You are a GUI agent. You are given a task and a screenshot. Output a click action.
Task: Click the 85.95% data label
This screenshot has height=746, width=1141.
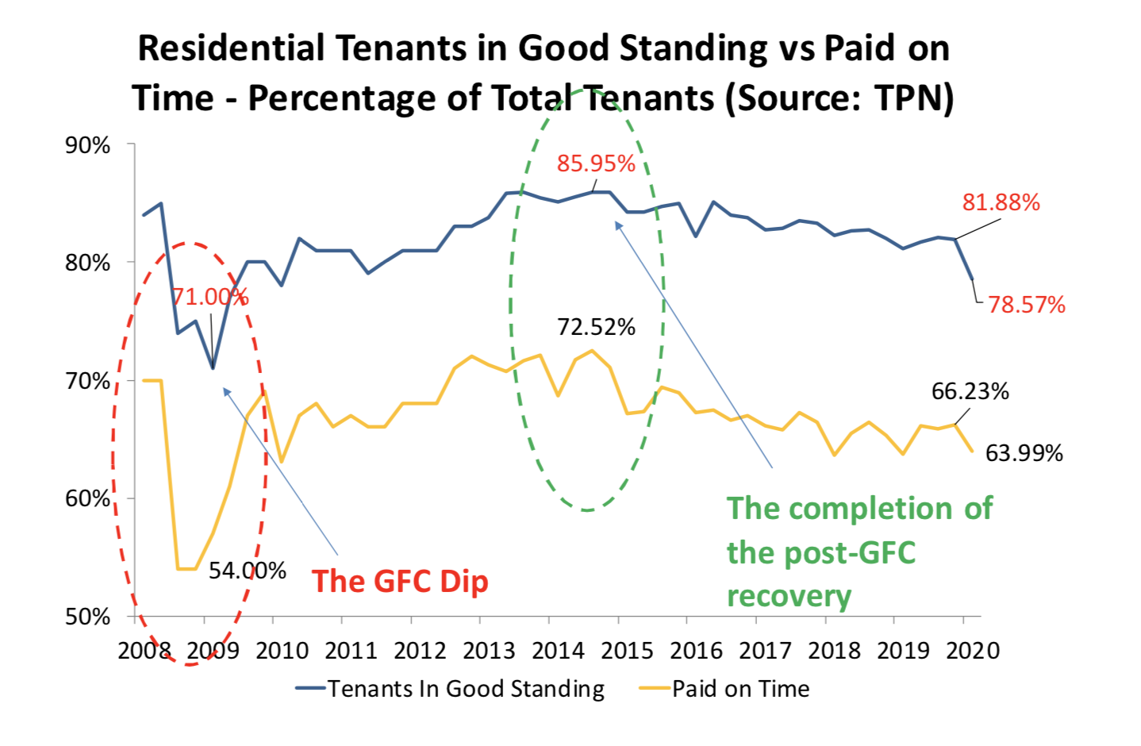tap(596, 163)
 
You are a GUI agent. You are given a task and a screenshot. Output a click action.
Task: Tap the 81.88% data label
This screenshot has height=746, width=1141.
tap(1001, 202)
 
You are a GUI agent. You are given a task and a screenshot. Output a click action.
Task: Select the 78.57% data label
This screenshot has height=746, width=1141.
tap(1026, 305)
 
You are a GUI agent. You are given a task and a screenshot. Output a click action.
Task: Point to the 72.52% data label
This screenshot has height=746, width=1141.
tap(596, 327)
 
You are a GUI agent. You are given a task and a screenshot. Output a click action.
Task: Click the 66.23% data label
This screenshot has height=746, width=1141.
tap(970, 391)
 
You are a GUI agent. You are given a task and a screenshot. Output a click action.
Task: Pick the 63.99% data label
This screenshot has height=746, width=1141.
tap(1024, 453)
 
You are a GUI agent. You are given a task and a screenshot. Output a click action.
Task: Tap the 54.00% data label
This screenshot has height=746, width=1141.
tap(247, 571)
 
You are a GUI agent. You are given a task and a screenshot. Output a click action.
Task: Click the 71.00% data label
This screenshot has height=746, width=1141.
tap(210, 297)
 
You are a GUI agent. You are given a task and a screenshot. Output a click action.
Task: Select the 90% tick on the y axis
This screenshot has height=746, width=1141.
tap(87, 145)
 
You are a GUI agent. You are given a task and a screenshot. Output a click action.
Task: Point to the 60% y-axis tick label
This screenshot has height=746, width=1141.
tap(87, 498)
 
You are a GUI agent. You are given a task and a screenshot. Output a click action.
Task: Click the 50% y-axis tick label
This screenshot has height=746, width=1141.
tap(87, 617)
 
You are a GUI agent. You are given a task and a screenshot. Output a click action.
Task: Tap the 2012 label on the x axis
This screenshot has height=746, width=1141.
tap(420, 651)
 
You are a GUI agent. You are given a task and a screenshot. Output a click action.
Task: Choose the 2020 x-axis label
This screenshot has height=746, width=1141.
tap(973, 651)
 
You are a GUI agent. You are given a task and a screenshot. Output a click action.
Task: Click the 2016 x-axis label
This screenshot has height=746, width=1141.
tap(696, 651)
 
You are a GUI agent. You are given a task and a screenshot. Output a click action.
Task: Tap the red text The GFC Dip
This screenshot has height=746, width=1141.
tap(400, 581)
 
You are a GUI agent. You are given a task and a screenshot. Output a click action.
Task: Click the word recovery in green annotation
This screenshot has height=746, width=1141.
tap(789, 595)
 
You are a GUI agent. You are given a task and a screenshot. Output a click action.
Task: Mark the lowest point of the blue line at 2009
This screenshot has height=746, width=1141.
tap(213, 368)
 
